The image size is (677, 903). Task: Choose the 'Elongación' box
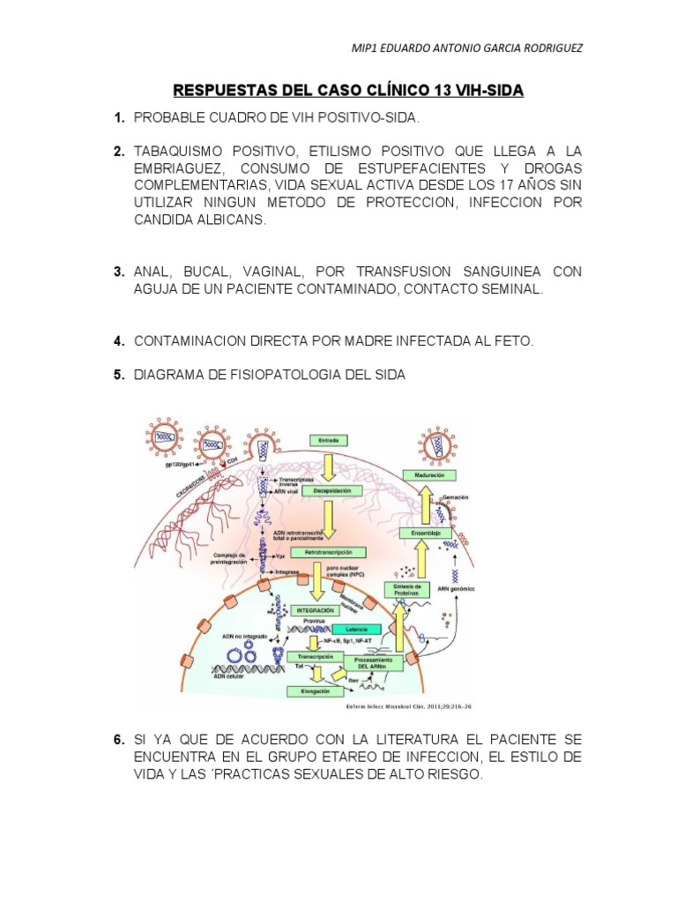click(315, 692)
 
